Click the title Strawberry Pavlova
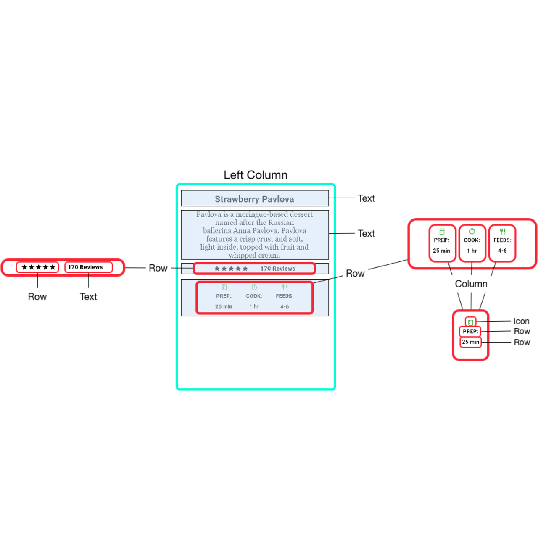[254, 199]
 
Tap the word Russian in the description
[281, 223]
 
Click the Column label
[471, 284]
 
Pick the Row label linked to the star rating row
[158, 268]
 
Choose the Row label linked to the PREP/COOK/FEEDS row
[355, 274]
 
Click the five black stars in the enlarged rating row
[38, 267]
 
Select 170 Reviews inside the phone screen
[278, 269]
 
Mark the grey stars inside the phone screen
[231, 269]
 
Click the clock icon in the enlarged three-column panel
[472, 232]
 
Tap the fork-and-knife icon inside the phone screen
[285, 287]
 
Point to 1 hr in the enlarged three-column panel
[472, 251]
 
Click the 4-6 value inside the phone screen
[285, 306]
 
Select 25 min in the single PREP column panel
[470, 342]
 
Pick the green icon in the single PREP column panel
[471, 322]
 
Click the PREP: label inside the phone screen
[224, 296]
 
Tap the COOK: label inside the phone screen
[254, 296]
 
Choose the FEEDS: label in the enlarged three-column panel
[502, 240]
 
